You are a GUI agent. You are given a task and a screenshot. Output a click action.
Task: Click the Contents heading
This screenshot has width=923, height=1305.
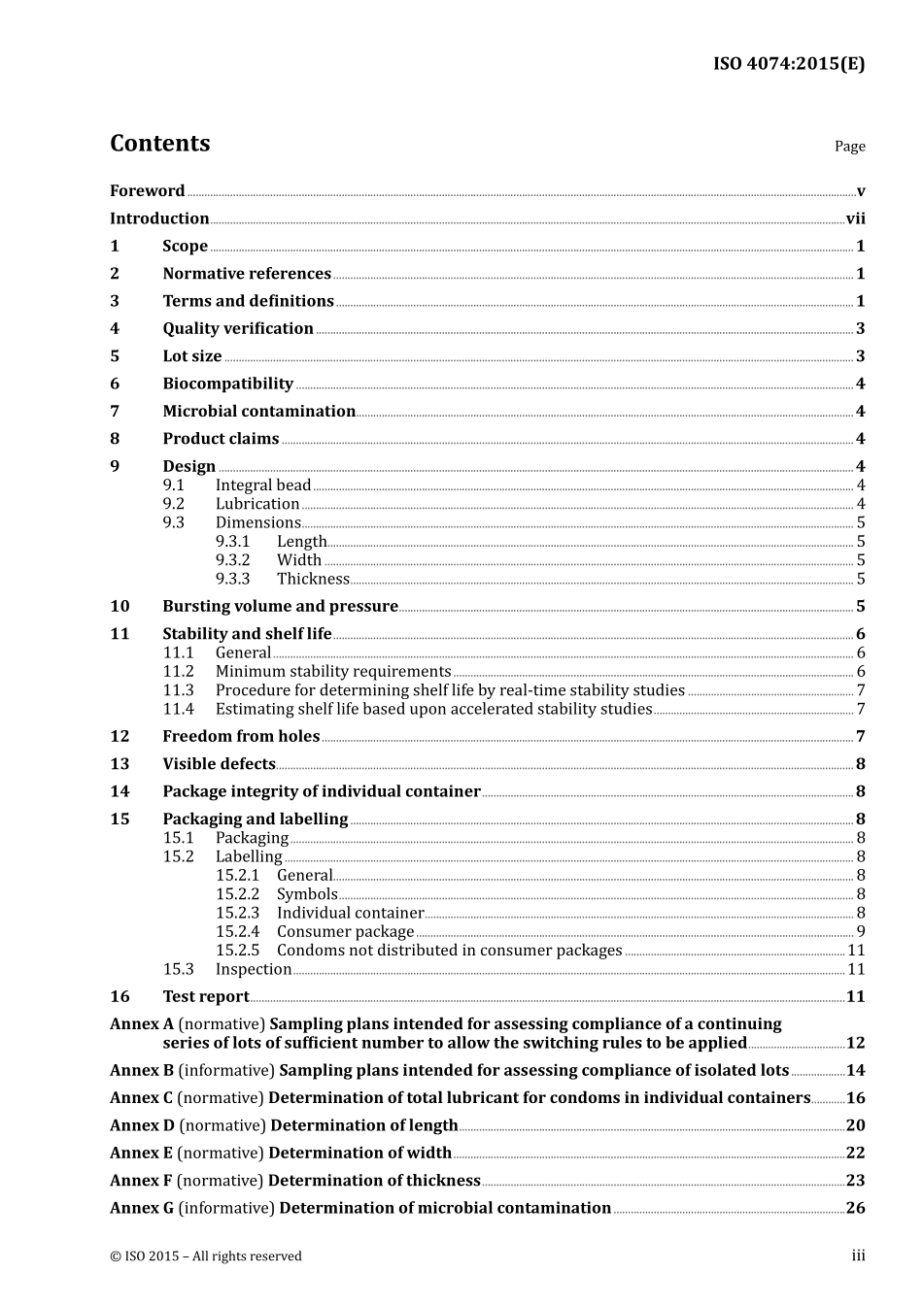pyautogui.click(x=159, y=144)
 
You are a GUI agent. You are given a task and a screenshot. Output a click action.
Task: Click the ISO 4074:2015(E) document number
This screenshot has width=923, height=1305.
pyautogui.click(x=789, y=64)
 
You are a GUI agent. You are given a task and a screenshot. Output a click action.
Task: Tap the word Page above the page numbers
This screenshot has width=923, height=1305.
pyautogui.click(x=849, y=147)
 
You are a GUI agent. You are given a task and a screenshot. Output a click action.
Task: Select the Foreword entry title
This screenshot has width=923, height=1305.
pyautogui.click(x=147, y=191)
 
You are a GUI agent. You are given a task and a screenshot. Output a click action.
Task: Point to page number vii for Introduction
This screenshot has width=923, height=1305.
pyautogui.click(x=855, y=218)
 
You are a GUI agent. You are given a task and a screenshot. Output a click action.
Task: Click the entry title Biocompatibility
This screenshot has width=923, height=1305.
pyautogui.click(x=227, y=384)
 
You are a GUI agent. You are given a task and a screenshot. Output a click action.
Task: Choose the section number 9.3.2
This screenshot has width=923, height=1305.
pyautogui.click(x=232, y=560)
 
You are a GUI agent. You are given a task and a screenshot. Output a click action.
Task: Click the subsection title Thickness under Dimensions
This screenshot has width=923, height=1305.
pyautogui.click(x=313, y=579)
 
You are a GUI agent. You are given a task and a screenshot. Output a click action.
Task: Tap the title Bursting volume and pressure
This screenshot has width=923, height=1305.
pyautogui.click(x=280, y=607)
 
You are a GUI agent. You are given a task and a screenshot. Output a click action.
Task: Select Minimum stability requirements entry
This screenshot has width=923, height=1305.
pyautogui.click(x=333, y=672)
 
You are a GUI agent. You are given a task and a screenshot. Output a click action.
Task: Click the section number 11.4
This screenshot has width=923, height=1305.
pyautogui.click(x=178, y=709)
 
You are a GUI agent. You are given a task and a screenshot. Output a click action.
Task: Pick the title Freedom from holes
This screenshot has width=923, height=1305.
pyautogui.click(x=241, y=737)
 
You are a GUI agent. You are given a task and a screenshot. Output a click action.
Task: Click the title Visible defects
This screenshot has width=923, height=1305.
pyautogui.click(x=219, y=764)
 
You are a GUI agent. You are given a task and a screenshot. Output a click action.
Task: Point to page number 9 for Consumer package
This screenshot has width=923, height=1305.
pyautogui.click(x=860, y=932)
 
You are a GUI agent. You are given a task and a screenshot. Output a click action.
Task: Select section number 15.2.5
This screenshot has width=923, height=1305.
pyautogui.click(x=237, y=951)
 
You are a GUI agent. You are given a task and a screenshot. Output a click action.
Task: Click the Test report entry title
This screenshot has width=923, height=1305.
pyautogui.click(x=205, y=997)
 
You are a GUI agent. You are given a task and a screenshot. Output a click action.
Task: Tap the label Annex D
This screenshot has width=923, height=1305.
pyautogui.click(x=142, y=1125)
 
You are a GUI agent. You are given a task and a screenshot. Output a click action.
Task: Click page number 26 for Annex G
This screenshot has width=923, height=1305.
pyautogui.click(x=855, y=1208)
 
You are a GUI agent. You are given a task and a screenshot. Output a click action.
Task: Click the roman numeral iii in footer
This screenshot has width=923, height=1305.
pyautogui.click(x=858, y=1255)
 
